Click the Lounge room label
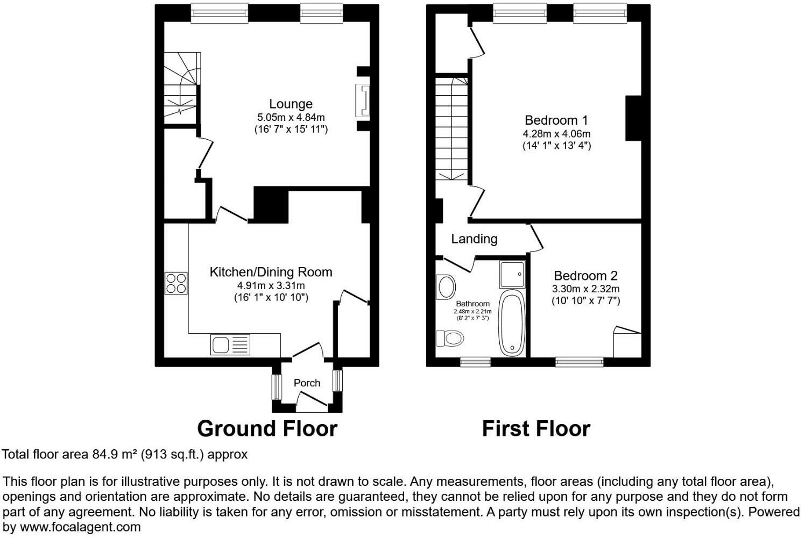coord(291,104)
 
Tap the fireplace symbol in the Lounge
coord(363,100)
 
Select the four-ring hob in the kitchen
coord(176,283)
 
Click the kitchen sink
coord(230,344)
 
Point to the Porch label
coord(307,383)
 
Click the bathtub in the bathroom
coord(512,323)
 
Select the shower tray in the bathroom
coord(512,274)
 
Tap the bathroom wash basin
coord(447,286)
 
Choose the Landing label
coord(474,239)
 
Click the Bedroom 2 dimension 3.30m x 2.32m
coord(585,289)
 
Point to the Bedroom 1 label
coord(556,120)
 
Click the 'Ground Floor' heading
coord(267,429)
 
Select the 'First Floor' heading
coord(536,429)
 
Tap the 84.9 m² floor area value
coord(115,455)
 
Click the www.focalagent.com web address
coord(80,527)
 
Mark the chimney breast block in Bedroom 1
coord(633,118)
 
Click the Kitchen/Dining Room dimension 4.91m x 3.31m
coord(271,286)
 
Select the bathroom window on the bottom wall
coord(475,362)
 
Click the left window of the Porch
coord(277,386)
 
